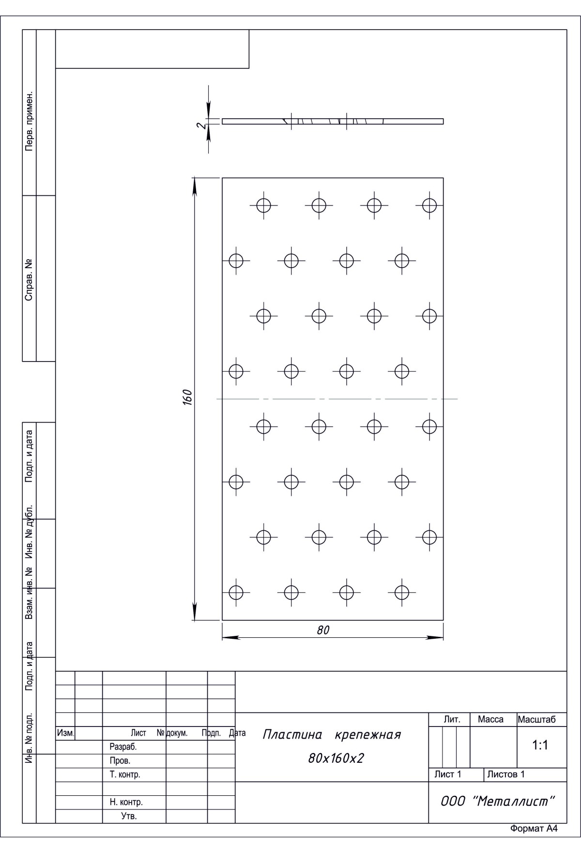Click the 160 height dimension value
[188, 397]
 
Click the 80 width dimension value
[323, 630]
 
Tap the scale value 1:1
[540, 745]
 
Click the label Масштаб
[536, 720]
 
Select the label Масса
[490, 720]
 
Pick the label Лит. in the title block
[452, 720]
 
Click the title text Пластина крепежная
[332, 735]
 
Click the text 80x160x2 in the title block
[336, 758]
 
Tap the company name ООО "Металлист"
[497, 801]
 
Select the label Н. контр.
[126, 802]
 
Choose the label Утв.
[129, 816]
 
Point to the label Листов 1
[506, 774]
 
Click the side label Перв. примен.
[29, 121]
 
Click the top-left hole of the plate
[263, 205]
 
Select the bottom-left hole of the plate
[236, 592]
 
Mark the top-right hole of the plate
[429, 205]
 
